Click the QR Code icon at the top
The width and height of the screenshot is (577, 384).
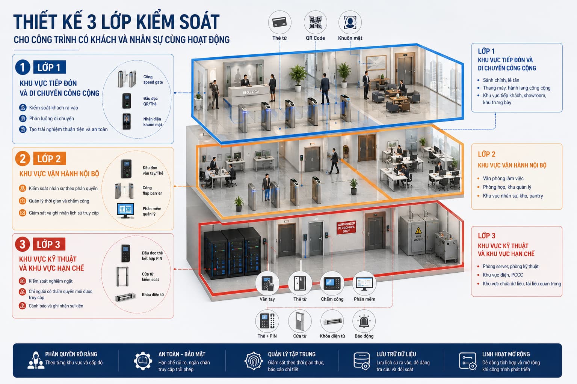click(315, 22)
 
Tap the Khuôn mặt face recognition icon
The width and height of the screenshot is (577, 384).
click(350, 22)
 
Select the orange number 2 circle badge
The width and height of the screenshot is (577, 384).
click(23, 159)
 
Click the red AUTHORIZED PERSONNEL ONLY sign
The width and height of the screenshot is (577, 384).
click(346, 227)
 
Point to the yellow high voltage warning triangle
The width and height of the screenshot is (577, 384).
click(418, 230)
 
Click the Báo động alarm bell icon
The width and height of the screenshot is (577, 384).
click(364, 321)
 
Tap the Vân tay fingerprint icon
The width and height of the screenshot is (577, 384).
click(267, 283)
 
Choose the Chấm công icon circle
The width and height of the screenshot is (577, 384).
click(332, 283)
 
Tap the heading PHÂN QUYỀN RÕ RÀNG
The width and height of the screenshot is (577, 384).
click(71, 354)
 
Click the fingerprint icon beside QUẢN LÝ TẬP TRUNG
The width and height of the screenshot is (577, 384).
click(254, 361)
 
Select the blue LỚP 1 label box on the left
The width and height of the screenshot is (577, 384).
click(50, 67)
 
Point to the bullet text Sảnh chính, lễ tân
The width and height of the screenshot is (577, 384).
click(501, 80)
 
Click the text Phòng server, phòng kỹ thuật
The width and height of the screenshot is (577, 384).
click(511, 267)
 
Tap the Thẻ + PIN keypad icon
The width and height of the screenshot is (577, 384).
click(267, 321)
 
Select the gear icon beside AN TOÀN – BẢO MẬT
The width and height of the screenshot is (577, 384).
click(143, 361)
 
